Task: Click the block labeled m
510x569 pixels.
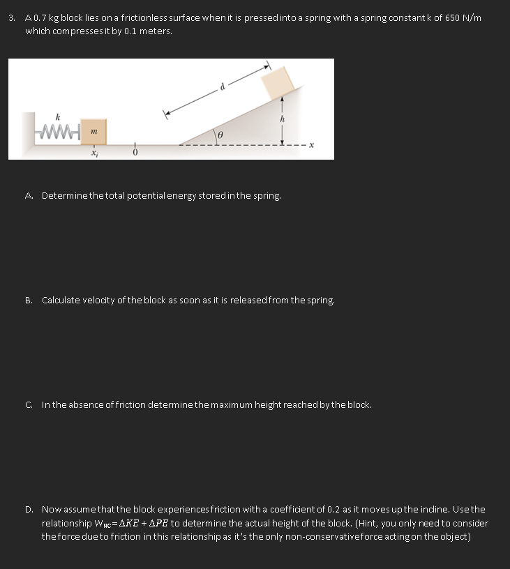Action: pyautogui.click(x=93, y=132)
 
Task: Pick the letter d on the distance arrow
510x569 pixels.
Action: pyautogui.click(x=223, y=87)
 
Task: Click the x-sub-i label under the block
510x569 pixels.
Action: pyautogui.click(x=93, y=153)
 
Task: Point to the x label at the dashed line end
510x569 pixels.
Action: pyautogui.click(x=312, y=145)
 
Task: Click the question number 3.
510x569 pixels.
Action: pyautogui.click(x=12, y=17)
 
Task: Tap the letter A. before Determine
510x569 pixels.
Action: pyautogui.click(x=29, y=196)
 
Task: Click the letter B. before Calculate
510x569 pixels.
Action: pyautogui.click(x=29, y=301)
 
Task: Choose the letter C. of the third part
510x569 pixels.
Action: pyautogui.click(x=29, y=404)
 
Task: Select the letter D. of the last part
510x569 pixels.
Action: pyautogui.click(x=29, y=510)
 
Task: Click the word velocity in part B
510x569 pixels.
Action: pyautogui.click(x=95, y=301)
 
